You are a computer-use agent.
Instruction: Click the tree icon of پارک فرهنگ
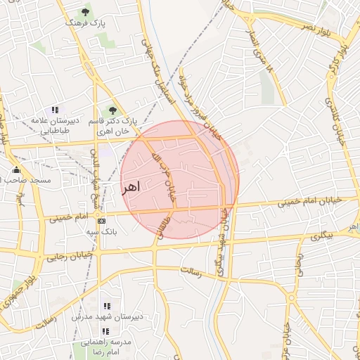coord(86,12)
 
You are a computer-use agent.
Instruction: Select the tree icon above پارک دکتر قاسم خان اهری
coord(112,110)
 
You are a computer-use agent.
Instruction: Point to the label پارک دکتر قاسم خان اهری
coord(110,127)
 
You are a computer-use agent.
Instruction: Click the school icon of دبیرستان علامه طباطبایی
coord(55,110)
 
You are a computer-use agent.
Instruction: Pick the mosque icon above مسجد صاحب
coord(16,169)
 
